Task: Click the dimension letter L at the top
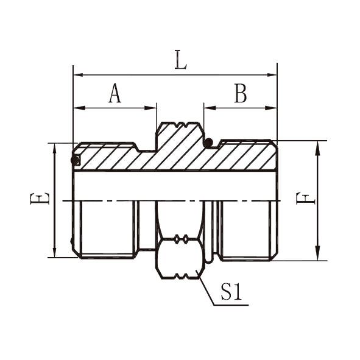pos(181,60)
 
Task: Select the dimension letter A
pos(115,93)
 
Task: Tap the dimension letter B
pos(241,93)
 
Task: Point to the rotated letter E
pos(40,199)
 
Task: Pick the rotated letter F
pos(306,199)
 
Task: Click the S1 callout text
pos(231,291)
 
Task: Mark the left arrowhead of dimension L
pos(78,75)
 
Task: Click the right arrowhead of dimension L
pos(272,75)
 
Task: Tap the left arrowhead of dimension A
pos(79,108)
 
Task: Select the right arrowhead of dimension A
pos(151,108)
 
